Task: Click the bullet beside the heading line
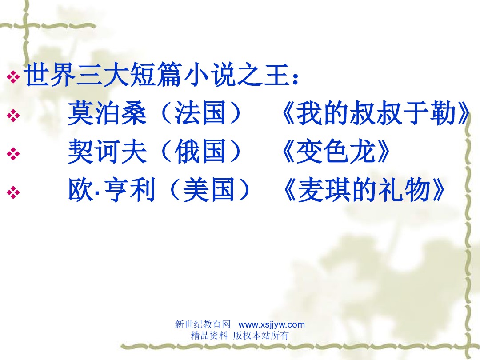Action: [x=14, y=78]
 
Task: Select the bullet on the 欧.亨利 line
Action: [x=14, y=193]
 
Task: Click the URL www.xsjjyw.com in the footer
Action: [x=272, y=325]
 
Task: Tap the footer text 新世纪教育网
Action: [x=203, y=325]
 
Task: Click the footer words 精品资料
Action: [x=209, y=336]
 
